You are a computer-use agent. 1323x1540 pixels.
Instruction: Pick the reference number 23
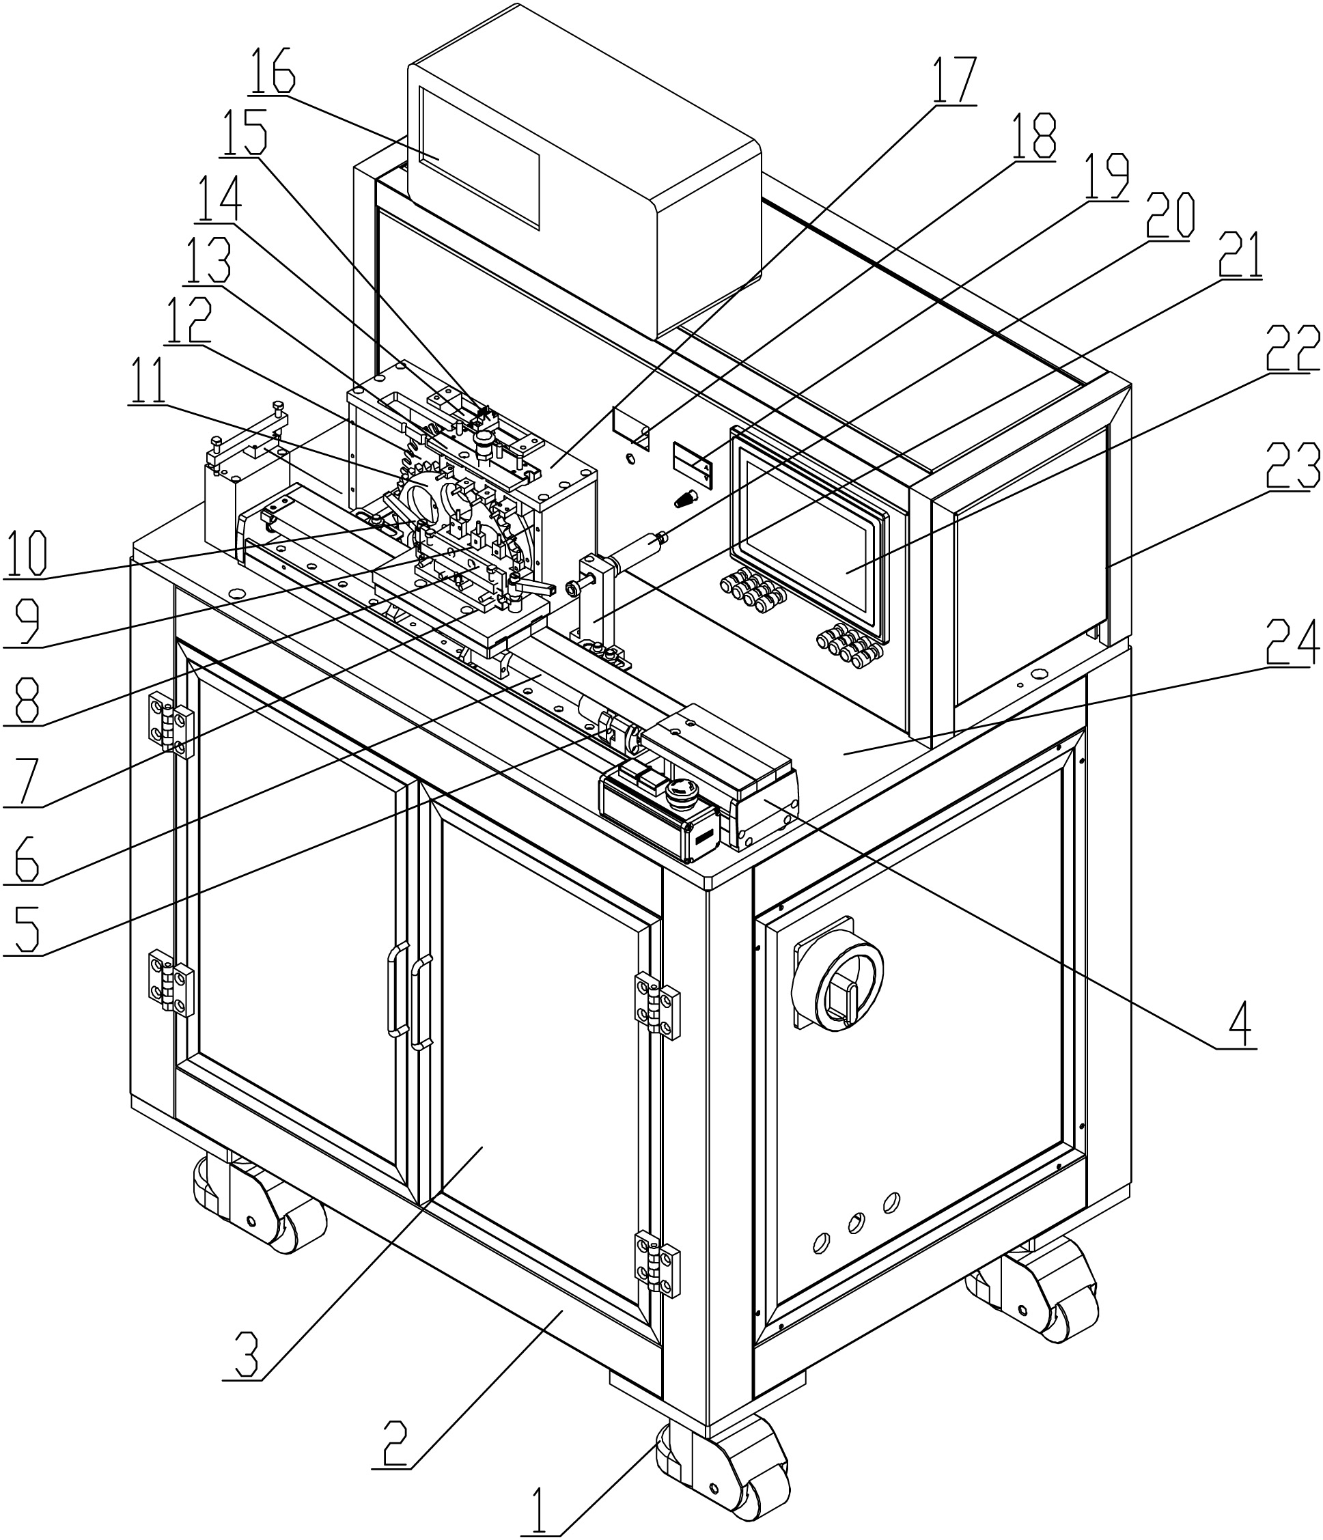(x=1295, y=470)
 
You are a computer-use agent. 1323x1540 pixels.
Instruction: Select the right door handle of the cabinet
(x=422, y=1001)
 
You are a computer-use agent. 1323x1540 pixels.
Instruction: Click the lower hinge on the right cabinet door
(x=658, y=1263)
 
